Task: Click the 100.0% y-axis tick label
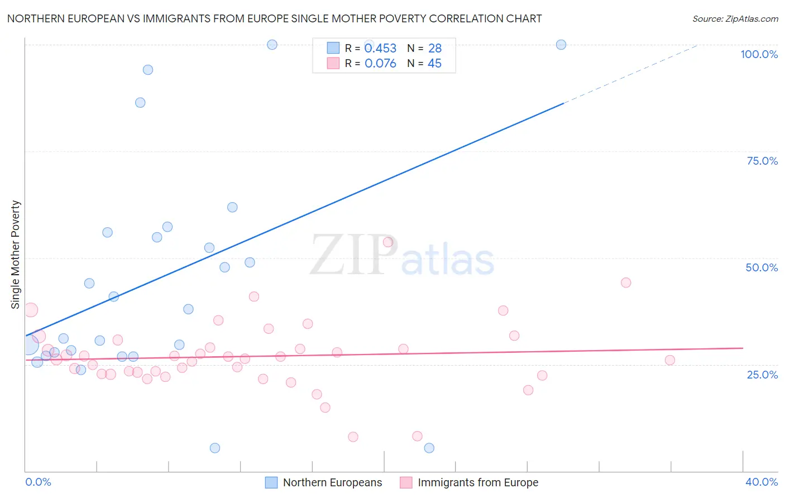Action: pyautogui.click(x=759, y=54)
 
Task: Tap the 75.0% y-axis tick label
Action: pyautogui.click(x=762, y=161)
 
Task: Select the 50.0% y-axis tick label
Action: pyautogui.click(x=762, y=267)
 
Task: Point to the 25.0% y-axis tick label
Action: pyautogui.click(x=762, y=375)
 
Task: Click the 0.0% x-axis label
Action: pyautogui.click(x=38, y=482)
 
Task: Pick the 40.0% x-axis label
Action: pyautogui.click(x=762, y=482)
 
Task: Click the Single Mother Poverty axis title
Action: pyautogui.click(x=16, y=255)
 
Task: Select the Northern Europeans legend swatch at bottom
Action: pyautogui.click(x=271, y=482)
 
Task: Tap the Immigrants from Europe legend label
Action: pyautogui.click(x=478, y=482)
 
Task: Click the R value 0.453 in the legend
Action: pyautogui.click(x=380, y=49)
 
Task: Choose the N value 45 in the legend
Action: pyautogui.click(x=434, y=64)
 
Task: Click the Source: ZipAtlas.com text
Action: pyautogui.click(x=735, y=19)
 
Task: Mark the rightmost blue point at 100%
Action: pyautogui.click(x=561, y=45)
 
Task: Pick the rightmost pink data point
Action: pyautogui.click(x=670, y=360)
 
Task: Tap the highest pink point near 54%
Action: pyautogui.click(x=388, y=242)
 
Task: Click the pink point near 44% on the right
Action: pyautogui.click(x=626, y=282)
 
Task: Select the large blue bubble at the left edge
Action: pyautogui.click(x=28, y=346)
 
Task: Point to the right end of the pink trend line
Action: pyautogui.click(x=743, y=348)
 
